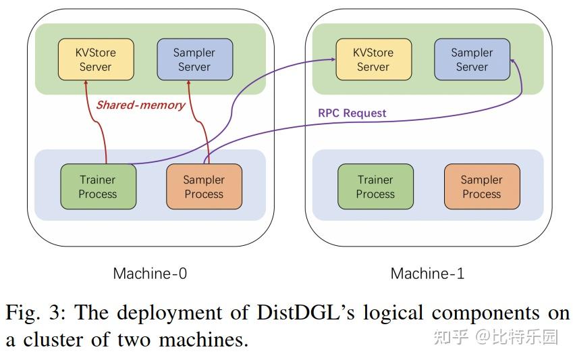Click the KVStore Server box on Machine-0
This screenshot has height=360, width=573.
click(95, 59)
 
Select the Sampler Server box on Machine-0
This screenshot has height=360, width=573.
click(194, 59)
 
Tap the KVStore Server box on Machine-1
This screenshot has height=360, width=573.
click(373, 59)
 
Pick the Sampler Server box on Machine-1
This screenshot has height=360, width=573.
click(472, 59)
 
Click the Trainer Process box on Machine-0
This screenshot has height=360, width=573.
click(98, 186)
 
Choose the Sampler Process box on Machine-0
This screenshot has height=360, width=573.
click(203, 186)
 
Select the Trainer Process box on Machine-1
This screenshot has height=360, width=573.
click(375, 186)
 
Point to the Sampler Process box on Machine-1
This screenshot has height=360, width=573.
click(481, 186)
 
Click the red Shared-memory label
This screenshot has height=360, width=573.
click(140, 105)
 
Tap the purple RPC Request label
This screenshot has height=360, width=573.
click(352, 113)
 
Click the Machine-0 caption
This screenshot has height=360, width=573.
click(150, 274)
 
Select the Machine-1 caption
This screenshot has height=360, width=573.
click(427, 274)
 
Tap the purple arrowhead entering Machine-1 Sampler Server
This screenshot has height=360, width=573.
click(512, 61)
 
